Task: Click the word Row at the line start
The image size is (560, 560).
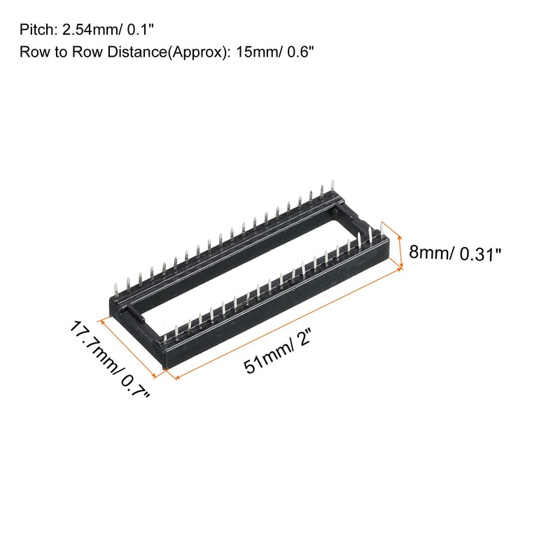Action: [x=33, y=52]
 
